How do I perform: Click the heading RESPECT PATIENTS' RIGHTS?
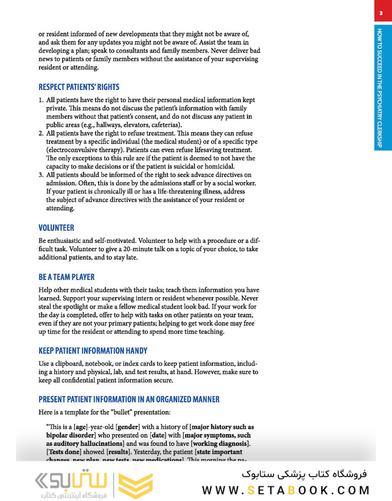point(78,87)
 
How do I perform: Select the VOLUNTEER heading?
point(56,228)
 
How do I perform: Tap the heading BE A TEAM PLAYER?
point(66,277)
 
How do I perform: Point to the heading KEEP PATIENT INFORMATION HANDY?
point(93,351)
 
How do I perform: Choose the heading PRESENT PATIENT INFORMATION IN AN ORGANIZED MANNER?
point(129,399)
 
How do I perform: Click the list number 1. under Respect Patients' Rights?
point(41,100)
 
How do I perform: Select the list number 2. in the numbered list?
point(41,134)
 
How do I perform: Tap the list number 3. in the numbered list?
point(41,175)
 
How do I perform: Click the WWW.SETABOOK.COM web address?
point(286,490)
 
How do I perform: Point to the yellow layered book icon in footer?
point(136,486)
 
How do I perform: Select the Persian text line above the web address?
point(304,475)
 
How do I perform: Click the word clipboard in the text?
point(69,364)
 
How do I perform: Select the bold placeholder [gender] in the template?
point(130,427)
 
